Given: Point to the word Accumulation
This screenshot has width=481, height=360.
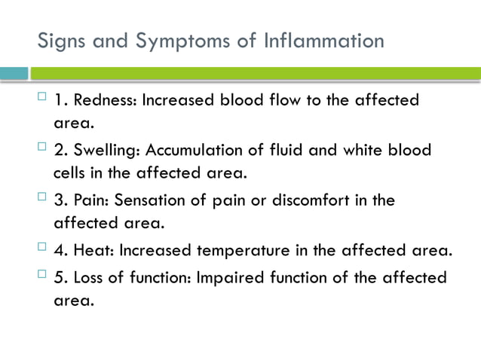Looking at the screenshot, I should click(191, 150).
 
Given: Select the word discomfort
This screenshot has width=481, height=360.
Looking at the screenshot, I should click(302, 200).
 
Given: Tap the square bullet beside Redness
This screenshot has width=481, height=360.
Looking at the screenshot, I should click(41, 98).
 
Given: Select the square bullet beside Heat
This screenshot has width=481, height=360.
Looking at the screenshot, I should click(41, 249).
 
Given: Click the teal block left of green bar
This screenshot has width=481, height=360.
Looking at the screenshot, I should click(14, 73).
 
